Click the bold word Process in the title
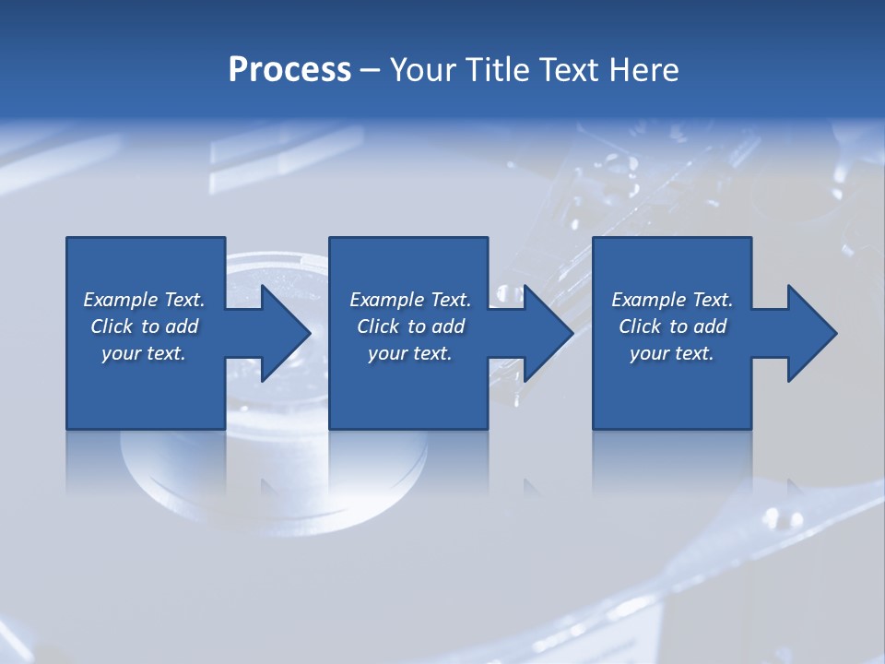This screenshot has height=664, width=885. click(x=289, y=70)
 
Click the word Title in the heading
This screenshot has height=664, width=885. click(x=499, y=70)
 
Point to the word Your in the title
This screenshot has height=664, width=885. click(x=424, y=70)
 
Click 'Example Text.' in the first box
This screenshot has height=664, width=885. click(x=144, y=300)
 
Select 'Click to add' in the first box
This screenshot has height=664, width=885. click(x=144, y=326)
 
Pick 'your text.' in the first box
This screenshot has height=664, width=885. click(x=144, y=353)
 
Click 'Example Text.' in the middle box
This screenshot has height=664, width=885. click(x=410, y=300)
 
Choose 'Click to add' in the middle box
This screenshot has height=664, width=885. click(x=410, y=326)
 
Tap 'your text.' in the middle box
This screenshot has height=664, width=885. click(x=410, y=353)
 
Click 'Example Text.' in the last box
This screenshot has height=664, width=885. click(x=672, y=300)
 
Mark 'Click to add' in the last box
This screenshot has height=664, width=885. click(x=672, y=326)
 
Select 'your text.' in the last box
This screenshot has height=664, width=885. click(x=672, y=353)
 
